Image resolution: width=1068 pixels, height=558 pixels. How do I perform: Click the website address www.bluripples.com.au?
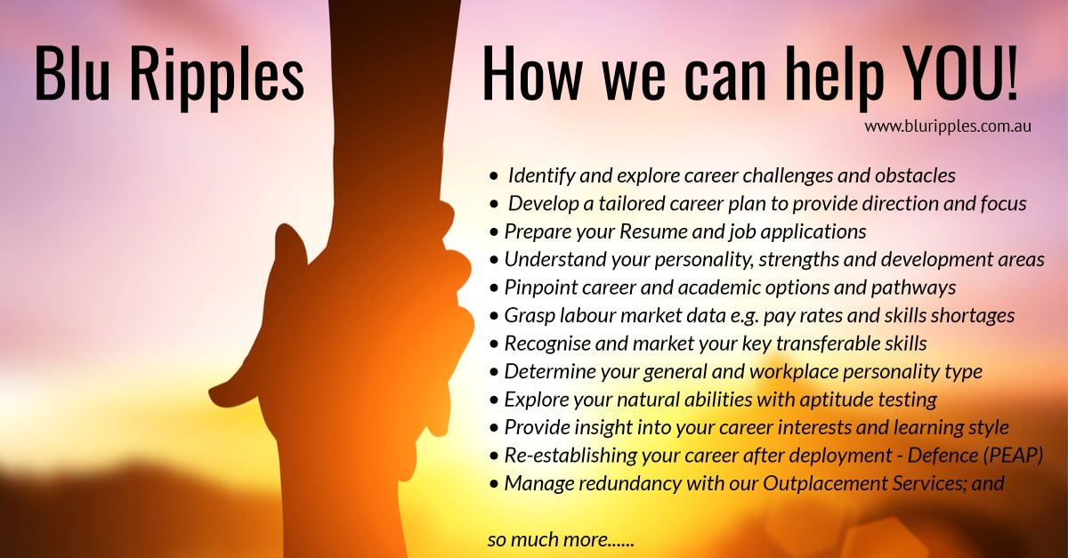click(x=947, y=126)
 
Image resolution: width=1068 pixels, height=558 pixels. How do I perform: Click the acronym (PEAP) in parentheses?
click(x=1012, y=456)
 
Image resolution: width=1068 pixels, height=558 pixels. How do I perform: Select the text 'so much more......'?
click(x=560, y=539)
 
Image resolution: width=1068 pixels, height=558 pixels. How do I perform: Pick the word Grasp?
click(x=528, y=315)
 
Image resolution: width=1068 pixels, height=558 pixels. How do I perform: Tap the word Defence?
click(x=940, y=456)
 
